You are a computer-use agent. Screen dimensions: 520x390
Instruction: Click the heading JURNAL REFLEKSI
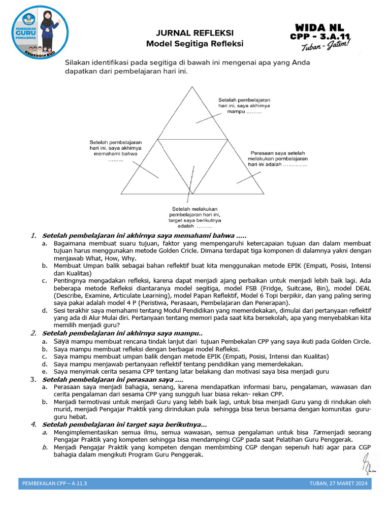[194, 34]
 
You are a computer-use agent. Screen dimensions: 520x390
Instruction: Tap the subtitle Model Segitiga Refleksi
[194, 44]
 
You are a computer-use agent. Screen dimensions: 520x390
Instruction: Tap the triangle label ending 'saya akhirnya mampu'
[244, 106]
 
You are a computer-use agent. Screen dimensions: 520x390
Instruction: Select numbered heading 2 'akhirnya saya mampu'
[122, 333]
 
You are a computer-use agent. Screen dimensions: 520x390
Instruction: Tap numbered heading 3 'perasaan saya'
[112, 379]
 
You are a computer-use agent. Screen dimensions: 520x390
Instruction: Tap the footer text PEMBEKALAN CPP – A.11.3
[55, 483]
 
